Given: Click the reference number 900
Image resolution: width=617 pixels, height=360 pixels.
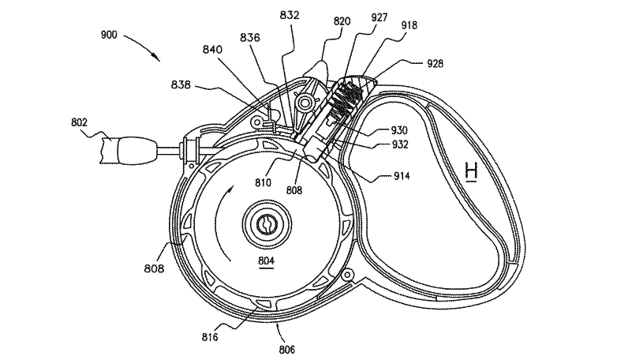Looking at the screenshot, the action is (109, 35).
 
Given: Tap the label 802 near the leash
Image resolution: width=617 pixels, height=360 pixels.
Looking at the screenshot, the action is (79, 122).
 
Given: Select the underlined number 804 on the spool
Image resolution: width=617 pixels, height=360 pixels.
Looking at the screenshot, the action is (267, 261).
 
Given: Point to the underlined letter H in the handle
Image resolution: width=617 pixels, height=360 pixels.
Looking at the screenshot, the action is (471, 173).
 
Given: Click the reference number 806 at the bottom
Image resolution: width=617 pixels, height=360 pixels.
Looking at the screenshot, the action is (287, 350).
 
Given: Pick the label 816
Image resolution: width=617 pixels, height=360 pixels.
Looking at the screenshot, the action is (210, 337).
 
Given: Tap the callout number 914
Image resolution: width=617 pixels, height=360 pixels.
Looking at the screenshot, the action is (402, 176).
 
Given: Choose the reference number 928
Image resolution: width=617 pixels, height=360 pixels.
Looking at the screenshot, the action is (436, 64).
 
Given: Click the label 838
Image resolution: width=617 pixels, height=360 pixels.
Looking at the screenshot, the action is (181, 84).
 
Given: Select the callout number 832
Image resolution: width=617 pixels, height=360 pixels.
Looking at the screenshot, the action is (290, 15).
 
